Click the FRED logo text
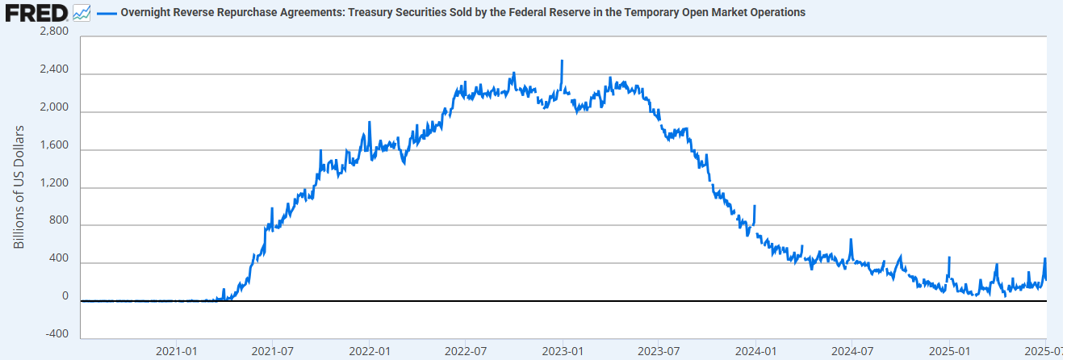pyautogui.click(x=36, y=13)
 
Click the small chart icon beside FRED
pyautogui.click(x=81, y=13)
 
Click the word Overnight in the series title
pyautogui.click(x=145, y=13)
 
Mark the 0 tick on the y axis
pyautogui.click(x=65, y=296)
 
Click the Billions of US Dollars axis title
pyautogui.click(x=19, y=186)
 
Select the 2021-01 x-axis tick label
pyautogui.click(x=177, y=351)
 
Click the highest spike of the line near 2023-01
pyautogui.click(x=562, y=61)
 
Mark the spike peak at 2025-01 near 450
pyautogui.click(x=949, y=257)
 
